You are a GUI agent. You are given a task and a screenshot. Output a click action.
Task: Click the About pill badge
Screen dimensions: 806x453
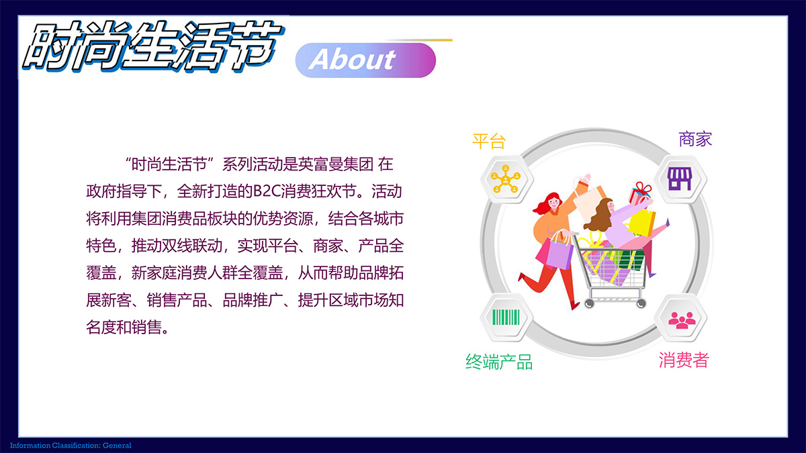[x=365, y=60]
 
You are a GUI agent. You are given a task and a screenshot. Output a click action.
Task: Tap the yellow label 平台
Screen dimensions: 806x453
[x=489, y=142]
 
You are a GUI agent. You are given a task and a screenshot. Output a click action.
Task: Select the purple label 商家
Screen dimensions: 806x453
[x=695, y=139]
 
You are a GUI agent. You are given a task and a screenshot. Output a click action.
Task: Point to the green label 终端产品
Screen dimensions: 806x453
[x=499, y=362]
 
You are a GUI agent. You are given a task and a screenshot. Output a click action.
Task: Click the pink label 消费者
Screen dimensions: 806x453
[x=684, y=360]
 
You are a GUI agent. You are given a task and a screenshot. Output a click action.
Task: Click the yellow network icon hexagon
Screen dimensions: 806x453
[x=506, y=179]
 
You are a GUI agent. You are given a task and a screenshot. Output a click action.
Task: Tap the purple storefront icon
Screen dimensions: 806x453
[x=679, y=179]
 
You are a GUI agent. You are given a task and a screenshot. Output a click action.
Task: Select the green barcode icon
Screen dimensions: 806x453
[x=506, y=317]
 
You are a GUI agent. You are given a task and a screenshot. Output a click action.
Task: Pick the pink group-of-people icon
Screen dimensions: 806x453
[x=682, y=319]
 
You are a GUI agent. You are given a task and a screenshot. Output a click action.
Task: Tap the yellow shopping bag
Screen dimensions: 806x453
[x=643, y=223]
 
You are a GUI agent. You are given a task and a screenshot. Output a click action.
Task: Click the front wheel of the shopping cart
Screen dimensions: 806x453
[x=589, y=304]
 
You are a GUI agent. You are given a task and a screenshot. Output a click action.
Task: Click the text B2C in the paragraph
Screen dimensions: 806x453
[x=267, y=191]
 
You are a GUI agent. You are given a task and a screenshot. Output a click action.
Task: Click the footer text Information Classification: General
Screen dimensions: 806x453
[x=71, y=446]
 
